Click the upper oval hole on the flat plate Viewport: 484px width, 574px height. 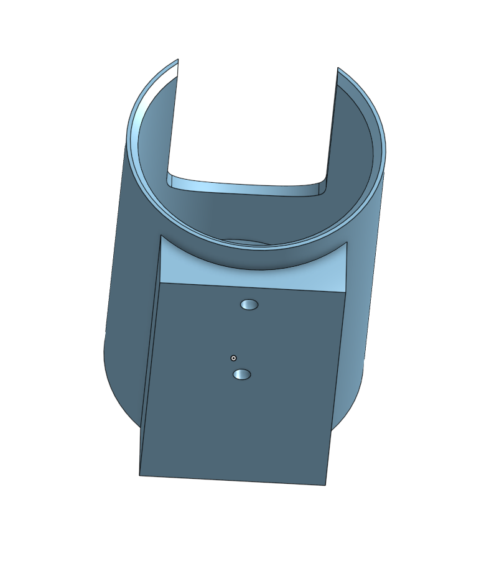[249, 304]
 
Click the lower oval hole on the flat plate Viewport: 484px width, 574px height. [241, 374]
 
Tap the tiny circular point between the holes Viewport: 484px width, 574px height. [233, 358]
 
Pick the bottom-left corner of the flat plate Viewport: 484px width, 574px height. [139, 476]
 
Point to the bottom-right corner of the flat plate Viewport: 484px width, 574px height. [325, 485]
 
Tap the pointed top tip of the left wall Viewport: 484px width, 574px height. [178, 60]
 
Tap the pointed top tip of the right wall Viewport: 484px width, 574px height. [338, 68]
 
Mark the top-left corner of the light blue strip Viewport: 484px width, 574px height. [161, 236]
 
